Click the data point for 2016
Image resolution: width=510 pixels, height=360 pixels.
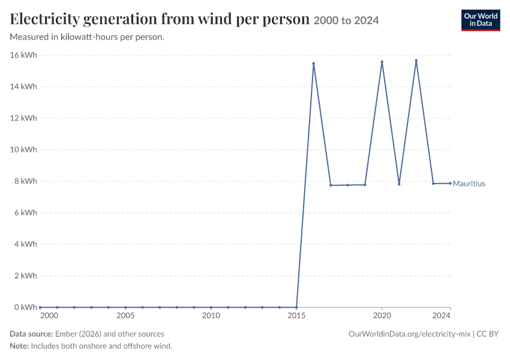point(314,64)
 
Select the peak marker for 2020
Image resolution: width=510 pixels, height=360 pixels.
point(382,62)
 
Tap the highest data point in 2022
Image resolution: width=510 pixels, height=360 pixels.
point(416,61)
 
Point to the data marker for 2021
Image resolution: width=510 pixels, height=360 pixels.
point(399,184)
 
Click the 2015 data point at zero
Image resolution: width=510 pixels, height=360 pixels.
point(296,307)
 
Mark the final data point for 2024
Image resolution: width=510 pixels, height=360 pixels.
point(450,184)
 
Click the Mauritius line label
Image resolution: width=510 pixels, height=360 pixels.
point(469,184)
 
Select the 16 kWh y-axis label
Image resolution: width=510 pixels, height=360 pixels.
point(23,55)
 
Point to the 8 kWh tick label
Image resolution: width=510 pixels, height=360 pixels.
point(25,181)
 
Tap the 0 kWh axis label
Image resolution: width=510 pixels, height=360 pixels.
point(25,307)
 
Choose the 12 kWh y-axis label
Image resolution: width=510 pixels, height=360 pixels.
point(23,118)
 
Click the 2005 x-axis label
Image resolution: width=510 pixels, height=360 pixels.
point(125,316)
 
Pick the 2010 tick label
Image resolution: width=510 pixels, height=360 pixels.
point(211,316)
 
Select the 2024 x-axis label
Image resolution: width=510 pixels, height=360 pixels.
point(442,316)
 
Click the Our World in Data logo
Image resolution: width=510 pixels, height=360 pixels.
point(481,20)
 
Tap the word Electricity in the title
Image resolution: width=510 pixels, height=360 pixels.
point(44,19)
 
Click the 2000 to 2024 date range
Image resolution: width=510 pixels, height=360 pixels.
point(346,20)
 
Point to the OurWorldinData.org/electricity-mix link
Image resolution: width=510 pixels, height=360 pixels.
point(409,334)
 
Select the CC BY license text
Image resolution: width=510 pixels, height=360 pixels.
point(487,334)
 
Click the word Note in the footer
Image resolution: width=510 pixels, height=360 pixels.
point(19,346)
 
